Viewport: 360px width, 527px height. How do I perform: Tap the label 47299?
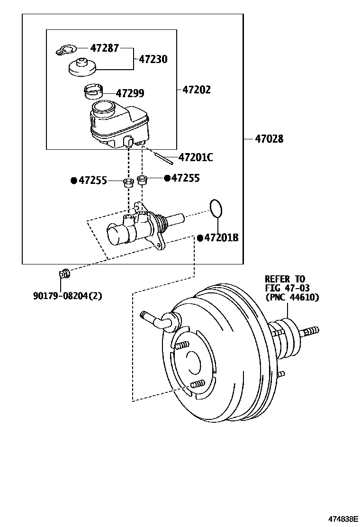(x=130, y=93)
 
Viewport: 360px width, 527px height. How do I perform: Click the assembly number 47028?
(x=269, y=139)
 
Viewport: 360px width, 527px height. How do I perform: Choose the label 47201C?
(x=196, y=157)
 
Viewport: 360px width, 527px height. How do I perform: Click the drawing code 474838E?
(x=338, y=518)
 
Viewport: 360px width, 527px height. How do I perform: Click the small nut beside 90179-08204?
(x=64, y=273)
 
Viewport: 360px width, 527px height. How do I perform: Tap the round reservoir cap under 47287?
(x=82, y=67)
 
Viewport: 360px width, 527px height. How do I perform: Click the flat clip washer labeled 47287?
(x=65, y=49)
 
